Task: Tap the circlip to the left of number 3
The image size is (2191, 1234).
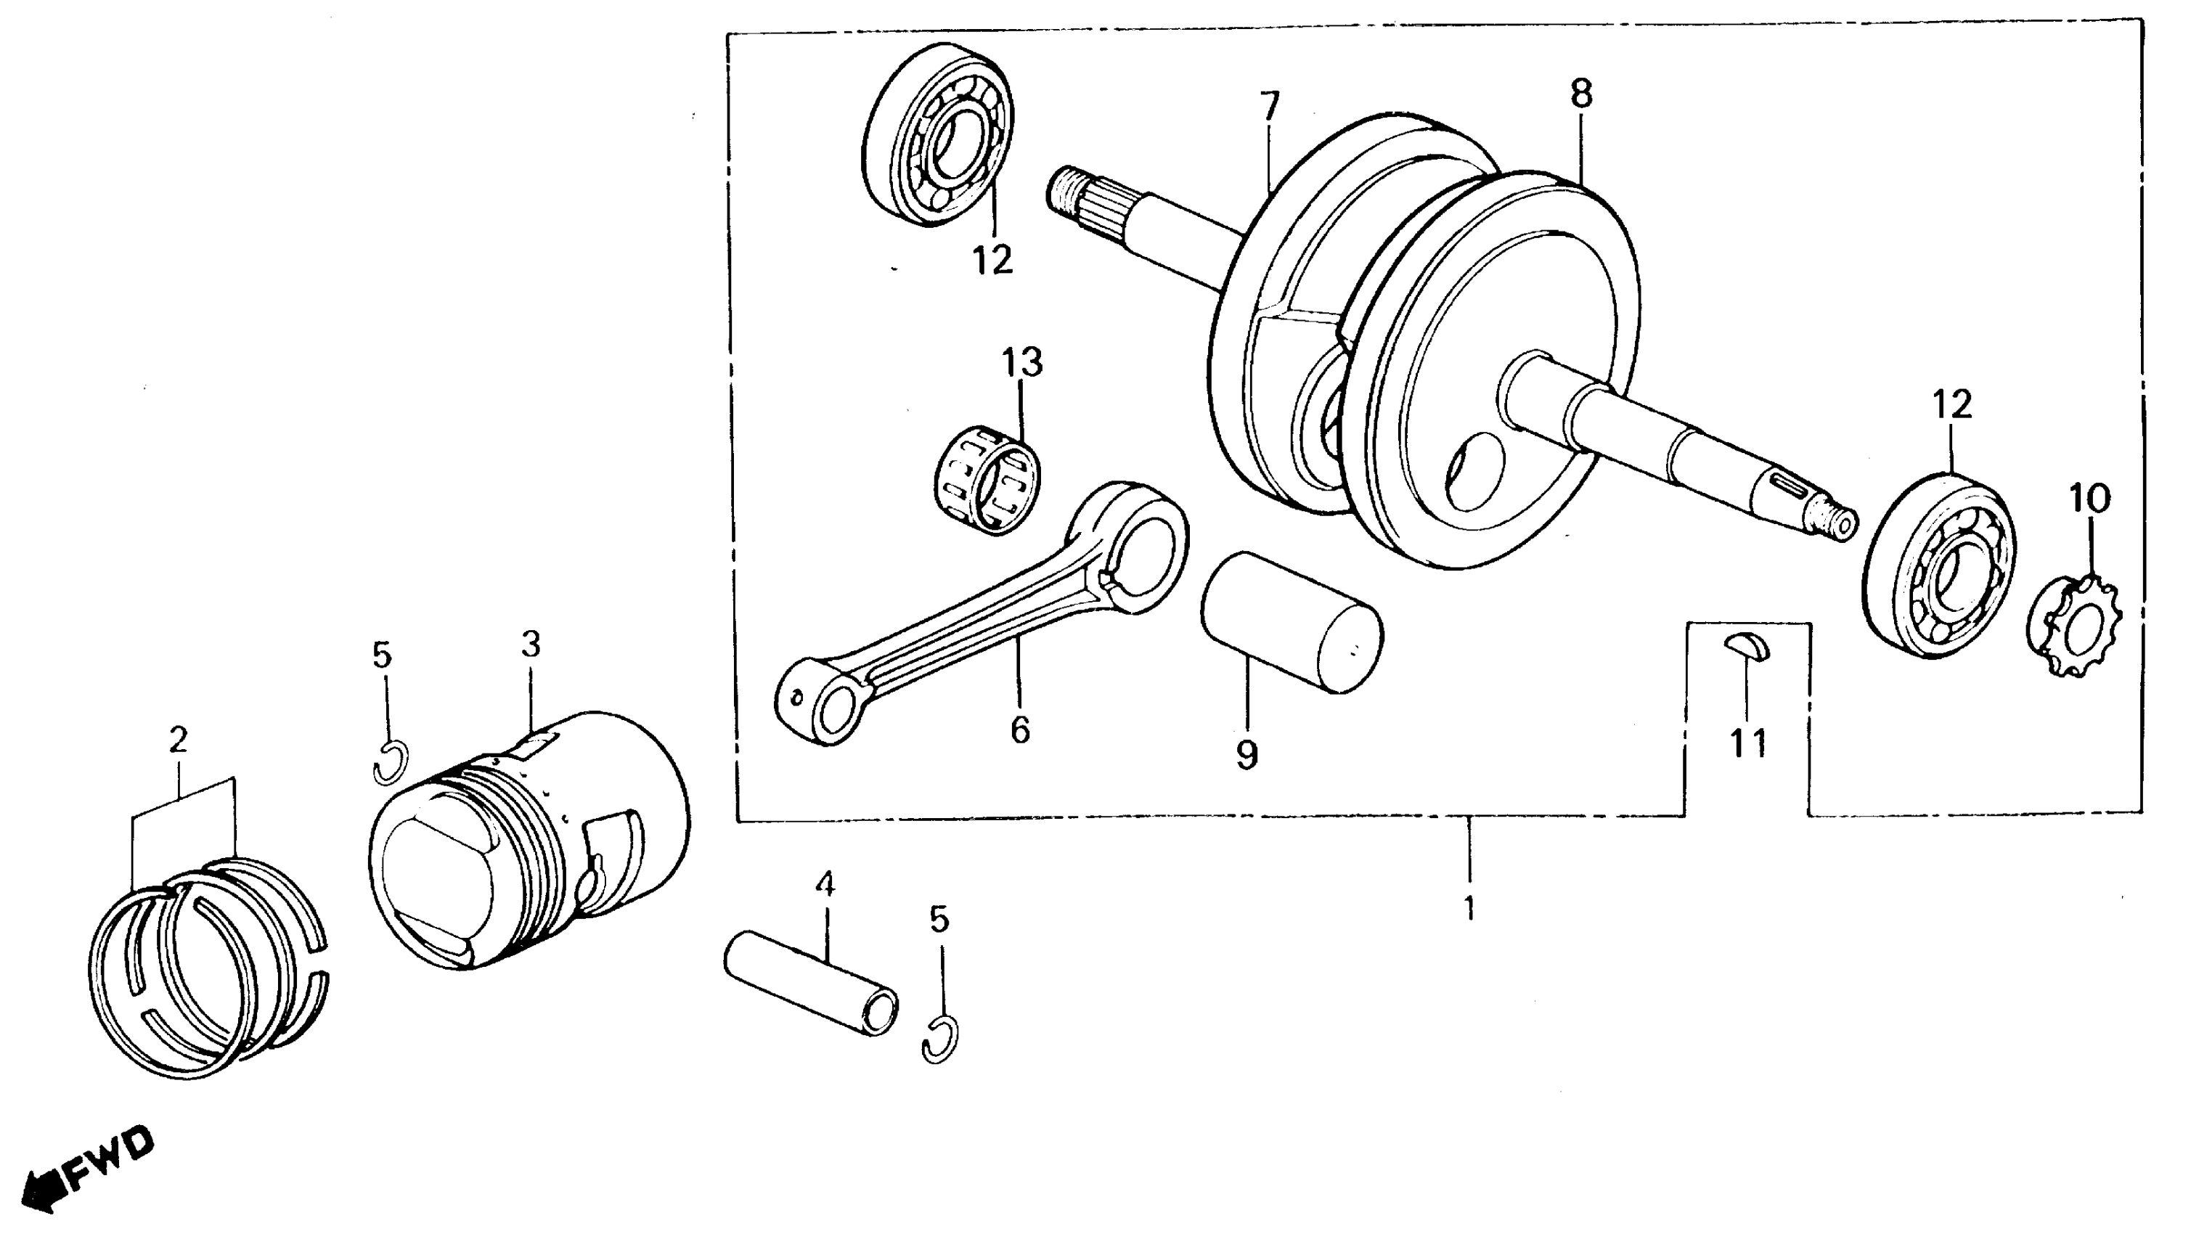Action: pos(391,762)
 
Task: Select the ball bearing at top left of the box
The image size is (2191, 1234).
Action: pos(937,135)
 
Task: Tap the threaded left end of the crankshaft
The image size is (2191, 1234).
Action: pos(1064,197)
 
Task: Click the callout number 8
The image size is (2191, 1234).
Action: pos(1580,94)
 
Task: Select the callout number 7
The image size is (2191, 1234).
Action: pos(1268,105)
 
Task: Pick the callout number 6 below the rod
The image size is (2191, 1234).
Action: pos(1020,729)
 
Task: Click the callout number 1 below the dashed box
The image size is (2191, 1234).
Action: pos(1469,908)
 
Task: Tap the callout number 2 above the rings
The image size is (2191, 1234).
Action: pos(178,740)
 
